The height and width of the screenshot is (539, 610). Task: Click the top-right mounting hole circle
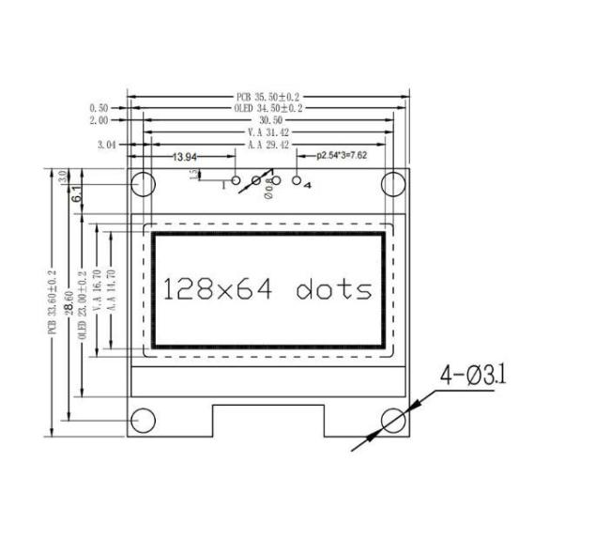393,183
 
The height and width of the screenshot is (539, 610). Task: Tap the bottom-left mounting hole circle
142,421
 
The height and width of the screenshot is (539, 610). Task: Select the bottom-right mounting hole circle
393,421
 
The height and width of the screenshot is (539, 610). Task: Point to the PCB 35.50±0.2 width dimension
270,97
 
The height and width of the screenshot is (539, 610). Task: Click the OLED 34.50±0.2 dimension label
269,109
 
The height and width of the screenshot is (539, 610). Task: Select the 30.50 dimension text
270,121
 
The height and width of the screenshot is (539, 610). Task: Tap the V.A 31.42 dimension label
269,133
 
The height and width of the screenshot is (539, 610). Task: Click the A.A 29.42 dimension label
269,146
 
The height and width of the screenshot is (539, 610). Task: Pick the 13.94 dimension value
184,156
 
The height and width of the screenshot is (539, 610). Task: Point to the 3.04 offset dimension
108,146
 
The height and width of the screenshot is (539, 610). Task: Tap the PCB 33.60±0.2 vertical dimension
53,302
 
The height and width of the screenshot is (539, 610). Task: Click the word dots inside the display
334,289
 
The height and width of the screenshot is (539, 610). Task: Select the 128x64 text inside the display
220,289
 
